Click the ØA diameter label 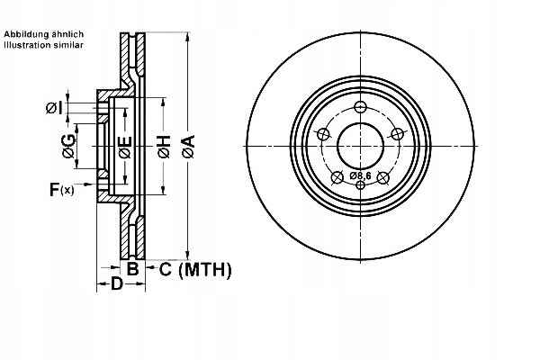(x=187, y=145)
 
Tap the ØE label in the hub (x=124, y=146)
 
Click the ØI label (x=54, y=109)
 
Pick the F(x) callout (x=62, y=189)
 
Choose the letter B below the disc (x=131, y=269)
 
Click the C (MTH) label (x=189, y=269)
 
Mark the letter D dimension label (x=116, y=285)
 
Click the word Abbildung (x=27, y=33)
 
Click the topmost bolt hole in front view (x=360, y=108)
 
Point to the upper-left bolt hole (x=322, y=135)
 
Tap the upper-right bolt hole (x=398, y=135)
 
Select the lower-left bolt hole (x=337, y=176)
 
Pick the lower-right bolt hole (x=383, y=176)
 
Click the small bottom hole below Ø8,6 (x=360, y=185)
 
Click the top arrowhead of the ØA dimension (x=187, y=39)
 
